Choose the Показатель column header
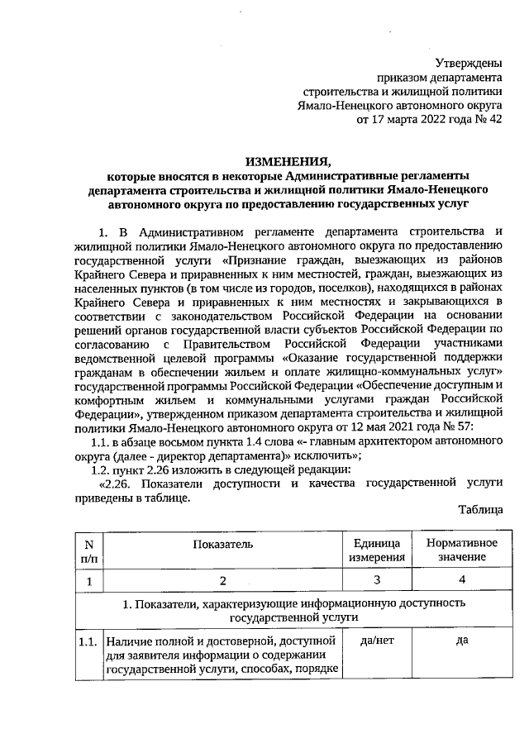(221, 543)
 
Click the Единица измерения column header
(377, 550)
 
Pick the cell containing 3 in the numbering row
(377, 581)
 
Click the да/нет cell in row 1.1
(377, 641)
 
